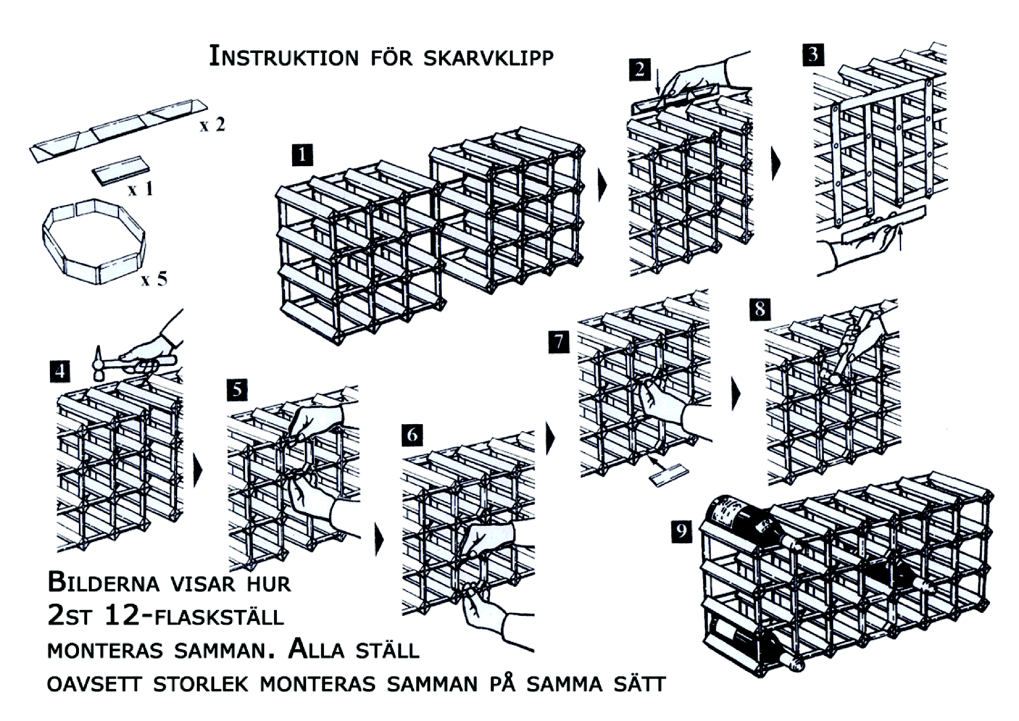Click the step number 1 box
pyautogui.click(x=303, y=156)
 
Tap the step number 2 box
pyautogui.click(x=639, y=70)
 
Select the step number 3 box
pyautogui.click(x=813, y=54)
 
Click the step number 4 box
pyautogui.click(x=60, y=371)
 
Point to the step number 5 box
pyautogui.click(x=237, y=389)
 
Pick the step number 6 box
pyautogui.click(x=412, y=435)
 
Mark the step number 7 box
pyautogui.click(x=559, y=342)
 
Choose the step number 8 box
pyautogui.click(x=759, y=309)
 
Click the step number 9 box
pyautogui.click(x=682, y=530)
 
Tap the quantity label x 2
pyautogui.click(x=212, y=125)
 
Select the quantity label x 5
pyautogui.click(x=154, y=279)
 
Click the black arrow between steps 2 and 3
pyautogui.click(x=776, y=164)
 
